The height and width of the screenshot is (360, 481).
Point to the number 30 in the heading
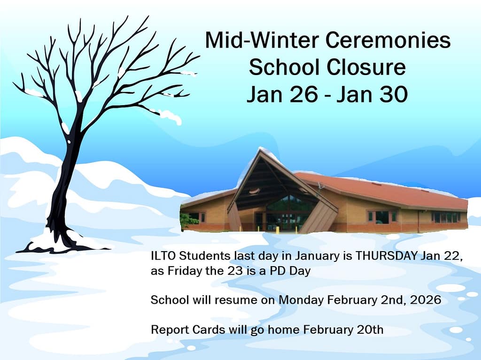point(394,94)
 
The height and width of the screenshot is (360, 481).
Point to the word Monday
point(301,300)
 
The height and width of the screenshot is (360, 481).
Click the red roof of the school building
point(383,191)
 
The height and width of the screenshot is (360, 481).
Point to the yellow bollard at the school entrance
point(278,230)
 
